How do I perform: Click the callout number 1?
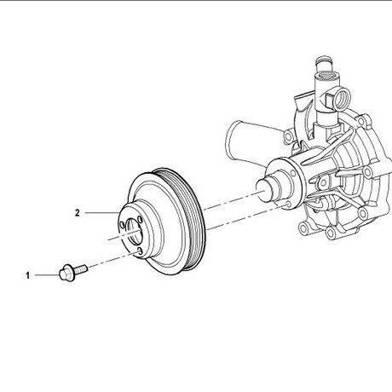[x=27, y=275]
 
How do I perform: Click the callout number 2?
[x=78, y=213]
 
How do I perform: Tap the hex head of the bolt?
[x=66, y=274]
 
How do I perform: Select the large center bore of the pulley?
[x=134, y=231]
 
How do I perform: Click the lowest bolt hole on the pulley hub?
[x=140, y=251]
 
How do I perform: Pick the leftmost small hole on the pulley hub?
[x=122, y=225]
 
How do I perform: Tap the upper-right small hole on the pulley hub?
[x=140, y=220]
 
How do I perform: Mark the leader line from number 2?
[x=102, y=212]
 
